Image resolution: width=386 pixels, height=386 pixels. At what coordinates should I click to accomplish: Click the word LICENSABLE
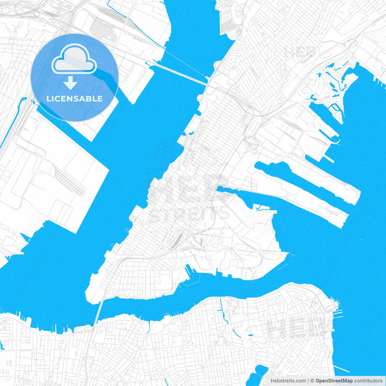(x=75, y=97)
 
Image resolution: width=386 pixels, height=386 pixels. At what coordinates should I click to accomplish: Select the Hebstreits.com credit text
(x=288, y=380)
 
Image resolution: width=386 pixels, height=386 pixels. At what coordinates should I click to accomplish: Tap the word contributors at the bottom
(x=368, y=380)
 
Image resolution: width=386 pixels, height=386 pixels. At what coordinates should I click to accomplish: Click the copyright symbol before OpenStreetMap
(x=311, y=380)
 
